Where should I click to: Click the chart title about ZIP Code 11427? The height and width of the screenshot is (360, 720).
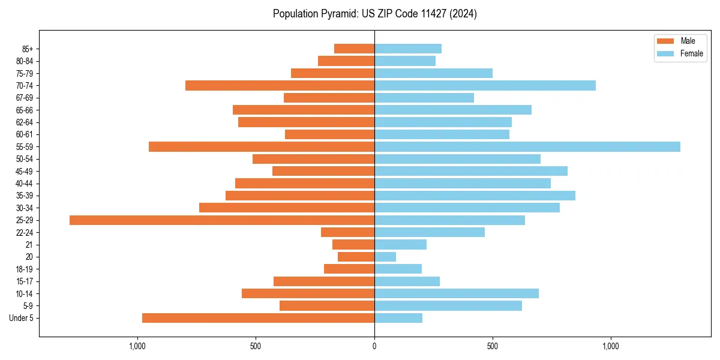[x=374, y=14]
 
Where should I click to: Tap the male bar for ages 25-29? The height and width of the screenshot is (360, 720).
[x=222, y=220]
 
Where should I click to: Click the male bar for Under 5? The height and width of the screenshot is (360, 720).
[x=258, y=318]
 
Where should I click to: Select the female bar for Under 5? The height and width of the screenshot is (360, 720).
[x=398, y=318]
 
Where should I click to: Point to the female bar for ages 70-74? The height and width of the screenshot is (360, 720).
[x=485, y=86]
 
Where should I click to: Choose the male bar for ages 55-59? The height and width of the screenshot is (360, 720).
[x=262, y=147]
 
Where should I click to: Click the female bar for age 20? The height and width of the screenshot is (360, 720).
[x=385, y=257]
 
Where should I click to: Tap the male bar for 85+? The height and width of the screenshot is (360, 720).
[x=354, y=49]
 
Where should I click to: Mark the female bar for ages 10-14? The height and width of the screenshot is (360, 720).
[x=456, y=293]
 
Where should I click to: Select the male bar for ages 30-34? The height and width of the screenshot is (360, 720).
[x=287, y=208]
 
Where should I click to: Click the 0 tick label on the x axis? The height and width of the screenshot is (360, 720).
[x=374, y=346]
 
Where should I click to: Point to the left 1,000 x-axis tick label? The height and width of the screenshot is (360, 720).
[x=137, y=346]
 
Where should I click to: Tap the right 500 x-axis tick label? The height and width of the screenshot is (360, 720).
[x=493, y=346]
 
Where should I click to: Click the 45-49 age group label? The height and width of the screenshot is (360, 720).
[x=24, y=171]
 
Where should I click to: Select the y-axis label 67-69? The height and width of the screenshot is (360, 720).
[x=24, y=98]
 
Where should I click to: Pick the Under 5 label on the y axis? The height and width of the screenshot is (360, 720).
[x=21, y=318]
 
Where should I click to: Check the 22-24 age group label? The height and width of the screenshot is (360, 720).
[x=24, y=232]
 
